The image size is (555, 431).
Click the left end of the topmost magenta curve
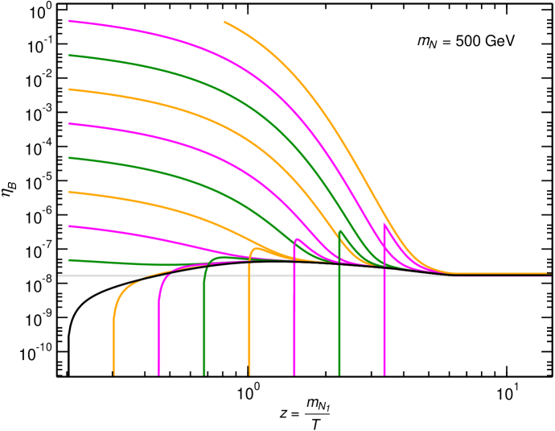pyautogui.click(x=69, y=21)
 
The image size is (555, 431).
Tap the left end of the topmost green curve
pyautogui.click(x=69, y=56)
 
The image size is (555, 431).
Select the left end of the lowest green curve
pyautogui.click(x=69, y=260)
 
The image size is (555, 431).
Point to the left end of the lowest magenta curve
pyautogui.click(x=69, y=226)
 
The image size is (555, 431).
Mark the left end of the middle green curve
pyautogui.click(x=69, y=158)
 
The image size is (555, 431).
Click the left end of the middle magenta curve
pyautogui.click(x=69, y=124)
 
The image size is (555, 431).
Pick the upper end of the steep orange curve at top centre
pyautogui.click(x=224, y=22)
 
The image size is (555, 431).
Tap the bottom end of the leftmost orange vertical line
pyautogui.click(x=114, y=375)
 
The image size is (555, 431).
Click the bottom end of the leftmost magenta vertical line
pyautogui.click(x=158, y=375)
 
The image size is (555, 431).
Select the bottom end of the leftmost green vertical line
pyautogui.click(x=204, y=375)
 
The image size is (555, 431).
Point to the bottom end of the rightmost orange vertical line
pyautogui.click(x=249, y=375)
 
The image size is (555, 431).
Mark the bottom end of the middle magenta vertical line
pyautogui.click(x=294, y=375)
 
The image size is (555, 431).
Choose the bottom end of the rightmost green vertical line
pyautogui.click(x=339, y=375)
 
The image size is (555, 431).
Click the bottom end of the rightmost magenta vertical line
pyautogui.click(x=384, y=375)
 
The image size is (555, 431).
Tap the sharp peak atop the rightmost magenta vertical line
pyautogui.click(x=384, y=224)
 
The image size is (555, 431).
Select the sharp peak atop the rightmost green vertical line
pyautogui.click(x=340, y=231)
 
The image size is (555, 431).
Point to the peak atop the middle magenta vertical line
pyautogui.click(x=296, y=239)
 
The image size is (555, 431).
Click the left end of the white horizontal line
pyautogui.click(x=58, y=276)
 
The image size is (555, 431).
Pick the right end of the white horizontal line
pyautogui.click(x=551, y=276)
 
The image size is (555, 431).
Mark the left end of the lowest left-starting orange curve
pyautogui.click(x=69, y=192)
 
